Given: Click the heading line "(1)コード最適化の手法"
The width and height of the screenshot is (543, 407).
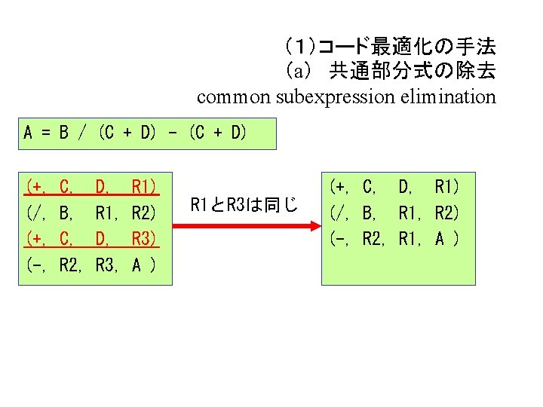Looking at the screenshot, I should [x=389, y=47].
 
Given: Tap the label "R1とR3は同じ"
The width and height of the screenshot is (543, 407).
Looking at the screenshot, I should [x=244, y=204].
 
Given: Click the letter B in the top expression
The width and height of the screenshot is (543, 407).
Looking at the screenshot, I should [x=64, y=134].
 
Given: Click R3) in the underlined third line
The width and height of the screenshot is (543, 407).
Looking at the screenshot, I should [x=143, y=239].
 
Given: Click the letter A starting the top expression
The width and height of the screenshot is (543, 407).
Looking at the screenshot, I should [x=28, y=134].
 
